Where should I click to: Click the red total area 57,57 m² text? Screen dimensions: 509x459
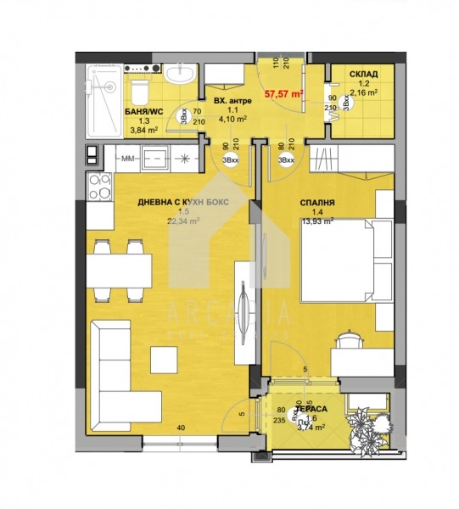pos(284,95)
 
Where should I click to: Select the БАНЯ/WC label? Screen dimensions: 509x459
pos(144,111)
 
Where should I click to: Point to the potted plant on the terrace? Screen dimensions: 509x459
pos(370,422)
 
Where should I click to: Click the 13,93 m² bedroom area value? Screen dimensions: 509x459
pos(318,221)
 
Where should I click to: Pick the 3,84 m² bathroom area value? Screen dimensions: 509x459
pos(144,130)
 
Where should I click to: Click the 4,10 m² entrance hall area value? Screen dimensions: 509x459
pos(231,120)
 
